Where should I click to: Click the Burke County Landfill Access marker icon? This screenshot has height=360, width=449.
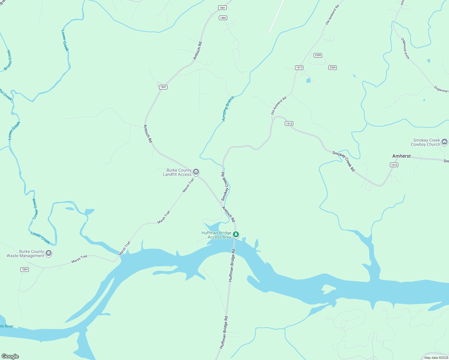(196, 172)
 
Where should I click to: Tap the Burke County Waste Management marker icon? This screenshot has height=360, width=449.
(49, 253)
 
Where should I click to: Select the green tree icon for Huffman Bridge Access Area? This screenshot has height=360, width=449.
(236, 235)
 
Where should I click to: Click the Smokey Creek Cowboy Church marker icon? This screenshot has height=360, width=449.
(444, 142)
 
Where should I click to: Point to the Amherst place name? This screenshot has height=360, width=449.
(401, 156)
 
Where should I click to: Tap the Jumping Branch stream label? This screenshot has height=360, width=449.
(228, 109)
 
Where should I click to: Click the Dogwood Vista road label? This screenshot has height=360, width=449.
(405, 48)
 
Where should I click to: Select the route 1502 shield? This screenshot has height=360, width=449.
(223, 18)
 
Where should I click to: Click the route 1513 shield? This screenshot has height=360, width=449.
(299, 67)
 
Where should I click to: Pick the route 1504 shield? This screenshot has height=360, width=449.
(25, 269)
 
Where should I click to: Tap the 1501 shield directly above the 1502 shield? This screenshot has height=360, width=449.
(222, 8)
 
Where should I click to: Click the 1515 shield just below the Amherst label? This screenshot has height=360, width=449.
(394, 165)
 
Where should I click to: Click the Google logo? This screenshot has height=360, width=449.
(10, 356)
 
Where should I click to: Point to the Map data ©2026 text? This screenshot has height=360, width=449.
(436, 358)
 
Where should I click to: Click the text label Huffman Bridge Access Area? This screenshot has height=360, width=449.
(216, 235)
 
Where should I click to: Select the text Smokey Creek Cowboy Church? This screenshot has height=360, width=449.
(425, 142)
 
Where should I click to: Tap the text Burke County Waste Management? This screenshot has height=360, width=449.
(26, 253)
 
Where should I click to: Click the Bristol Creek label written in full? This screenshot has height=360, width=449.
(8, 60)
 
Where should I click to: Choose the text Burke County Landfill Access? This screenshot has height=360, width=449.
(177, 172)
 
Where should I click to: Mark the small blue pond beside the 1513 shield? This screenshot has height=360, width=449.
(308, 80)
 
